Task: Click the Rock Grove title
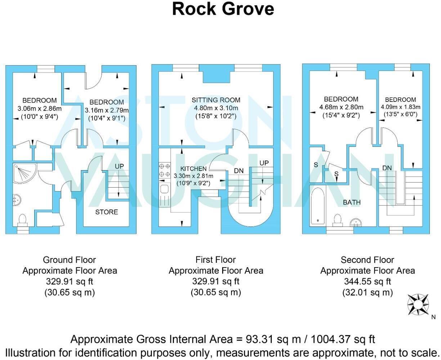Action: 223,9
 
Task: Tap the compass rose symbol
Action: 418,305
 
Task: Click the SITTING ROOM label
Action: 216,100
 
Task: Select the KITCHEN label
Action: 193,168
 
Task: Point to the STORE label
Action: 106,212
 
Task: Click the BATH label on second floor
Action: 351,202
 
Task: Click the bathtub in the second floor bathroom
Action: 318,206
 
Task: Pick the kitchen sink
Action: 164,190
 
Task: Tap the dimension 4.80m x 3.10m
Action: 216,108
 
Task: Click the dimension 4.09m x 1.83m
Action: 400,107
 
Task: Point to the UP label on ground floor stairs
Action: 119,166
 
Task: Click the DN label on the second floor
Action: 387,168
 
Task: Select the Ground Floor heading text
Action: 69,260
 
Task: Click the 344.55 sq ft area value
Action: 367,282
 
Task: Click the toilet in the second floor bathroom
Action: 338,219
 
